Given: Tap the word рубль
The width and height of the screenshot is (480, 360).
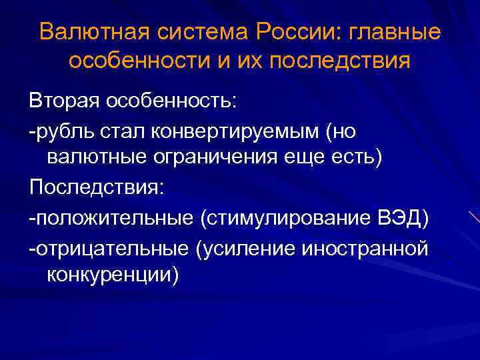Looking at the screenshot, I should pyautogui.click(x=67, y=131).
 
